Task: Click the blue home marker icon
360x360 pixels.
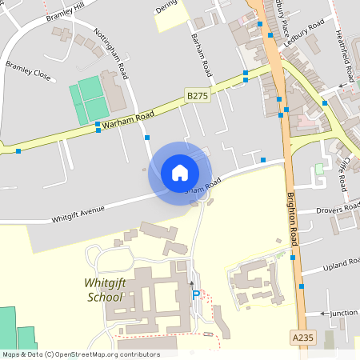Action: click(180, 172)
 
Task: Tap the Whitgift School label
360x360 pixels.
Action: click(104, 290)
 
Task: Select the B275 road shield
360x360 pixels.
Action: click(198, 94)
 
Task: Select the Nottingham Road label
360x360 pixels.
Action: click(112, 55)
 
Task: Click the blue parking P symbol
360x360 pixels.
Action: click(196, 294)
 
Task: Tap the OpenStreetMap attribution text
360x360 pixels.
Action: click(80, 354)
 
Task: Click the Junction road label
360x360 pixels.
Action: click(343, 313)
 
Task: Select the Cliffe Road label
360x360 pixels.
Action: click(342, 172)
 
